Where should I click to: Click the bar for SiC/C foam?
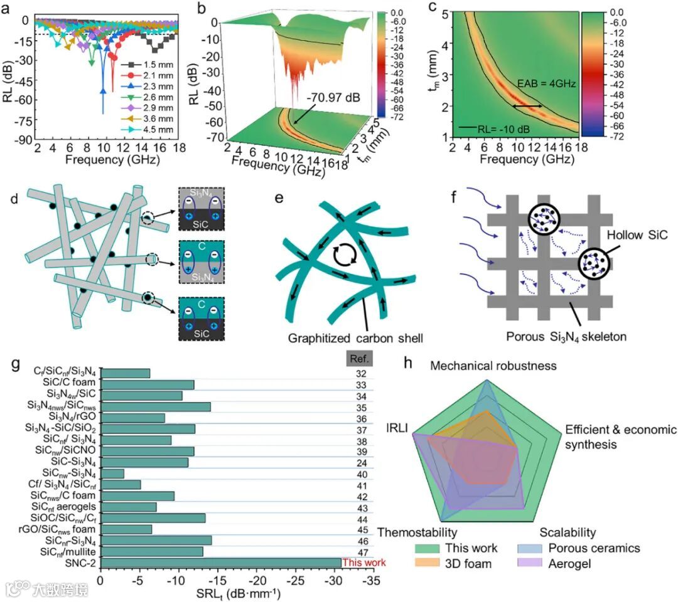tap(148, 384)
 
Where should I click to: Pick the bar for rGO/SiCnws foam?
tap(126, 529)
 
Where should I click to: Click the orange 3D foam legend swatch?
tap(427, 563)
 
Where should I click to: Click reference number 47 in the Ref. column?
tap(360, 551)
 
